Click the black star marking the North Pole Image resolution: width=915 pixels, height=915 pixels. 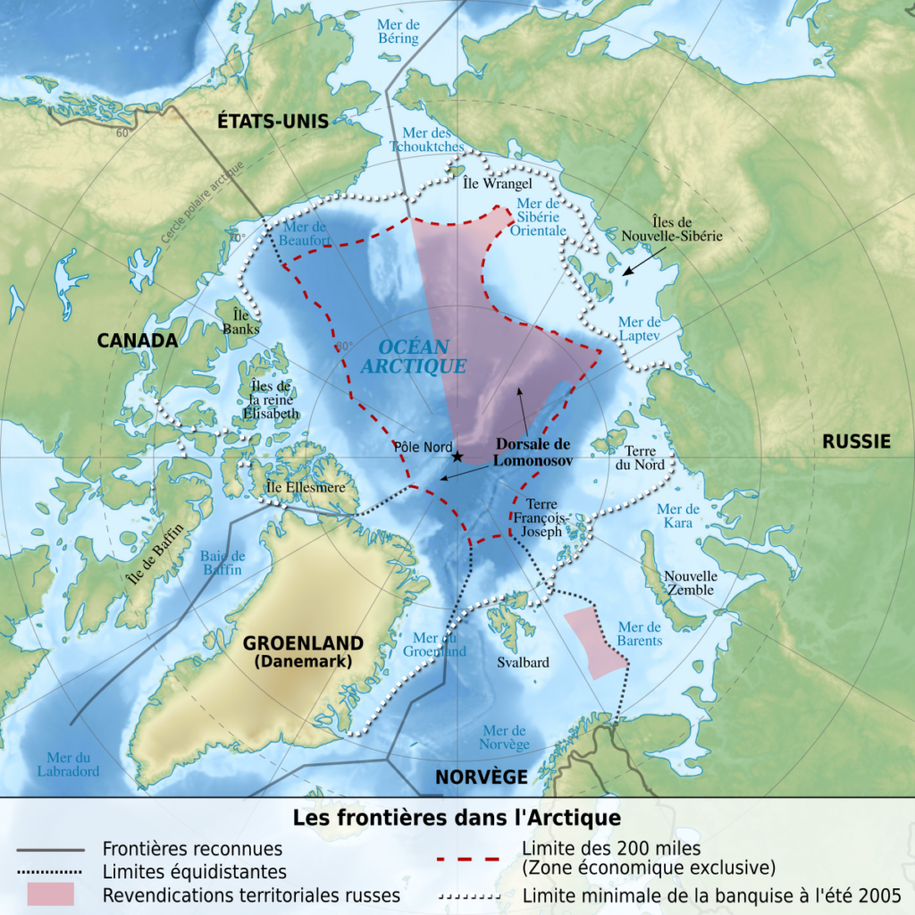(x=457, y=457)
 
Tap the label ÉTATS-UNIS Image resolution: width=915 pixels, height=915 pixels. (x=273, y=122)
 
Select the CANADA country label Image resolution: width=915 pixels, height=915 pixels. (x=138, y=340)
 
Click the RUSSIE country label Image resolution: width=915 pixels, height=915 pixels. (x=856, y=441)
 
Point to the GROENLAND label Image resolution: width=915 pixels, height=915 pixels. (x=303, y=643)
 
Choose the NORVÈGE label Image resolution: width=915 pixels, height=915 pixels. (x=481, y=776)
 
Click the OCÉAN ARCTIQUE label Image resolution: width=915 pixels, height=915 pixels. (x=414, y=357)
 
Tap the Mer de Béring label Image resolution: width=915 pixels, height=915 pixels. (x=397, y=31)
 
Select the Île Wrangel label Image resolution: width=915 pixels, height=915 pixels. (x=485, y=183)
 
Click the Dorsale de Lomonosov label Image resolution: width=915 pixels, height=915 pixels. (x=533, y=452)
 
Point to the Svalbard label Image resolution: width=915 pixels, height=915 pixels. (x=523, y=663)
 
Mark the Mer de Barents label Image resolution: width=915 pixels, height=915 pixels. (x=640, y=634)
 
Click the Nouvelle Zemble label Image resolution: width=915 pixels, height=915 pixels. (x=689, y=583)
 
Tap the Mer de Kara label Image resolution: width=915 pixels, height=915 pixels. (x=677, y=516)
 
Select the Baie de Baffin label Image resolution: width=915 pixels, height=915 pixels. (x=222, y=562)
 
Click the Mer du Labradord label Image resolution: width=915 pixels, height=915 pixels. (x=68, y=763)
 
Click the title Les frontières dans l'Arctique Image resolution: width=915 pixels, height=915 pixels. (x=457, y=818)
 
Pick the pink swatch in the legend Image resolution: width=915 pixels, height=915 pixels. (x=50, y=894)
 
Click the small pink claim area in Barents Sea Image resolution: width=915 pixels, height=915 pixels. (x=594, y=642)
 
